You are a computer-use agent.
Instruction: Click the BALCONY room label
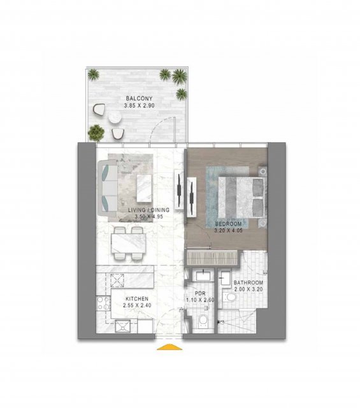point(139,99)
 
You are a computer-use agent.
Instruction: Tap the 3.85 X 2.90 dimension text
point(139,106)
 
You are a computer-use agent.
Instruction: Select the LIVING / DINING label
point(148,210)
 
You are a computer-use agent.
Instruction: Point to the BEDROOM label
point(228,224)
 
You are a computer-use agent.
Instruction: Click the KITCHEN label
point(137,299)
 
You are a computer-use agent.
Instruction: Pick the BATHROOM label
point(248,282)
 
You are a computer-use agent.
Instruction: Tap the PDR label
point(200,293)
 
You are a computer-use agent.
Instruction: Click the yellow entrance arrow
point(169,347)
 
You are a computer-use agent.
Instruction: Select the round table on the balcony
point(115,119)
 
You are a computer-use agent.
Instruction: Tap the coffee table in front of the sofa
point(144,188)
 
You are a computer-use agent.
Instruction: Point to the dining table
point(129,243)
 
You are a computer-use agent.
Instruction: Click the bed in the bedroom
point(242,198)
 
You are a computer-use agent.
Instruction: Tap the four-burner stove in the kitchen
point(103,303)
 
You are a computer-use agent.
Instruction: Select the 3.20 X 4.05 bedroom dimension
point(228,231)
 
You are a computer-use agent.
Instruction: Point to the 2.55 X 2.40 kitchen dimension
point(137,305)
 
